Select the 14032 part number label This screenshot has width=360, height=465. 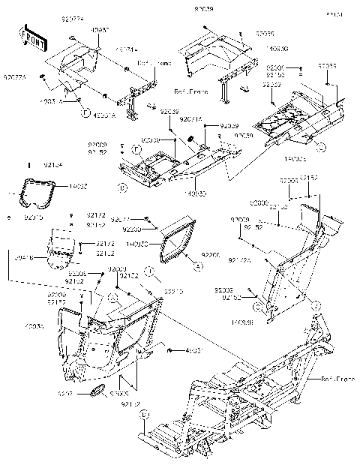coord(57,186)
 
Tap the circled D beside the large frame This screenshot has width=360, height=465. coord(145,413)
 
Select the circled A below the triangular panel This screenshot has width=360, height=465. coord(198,266)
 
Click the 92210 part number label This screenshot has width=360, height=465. coord(174,291)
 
